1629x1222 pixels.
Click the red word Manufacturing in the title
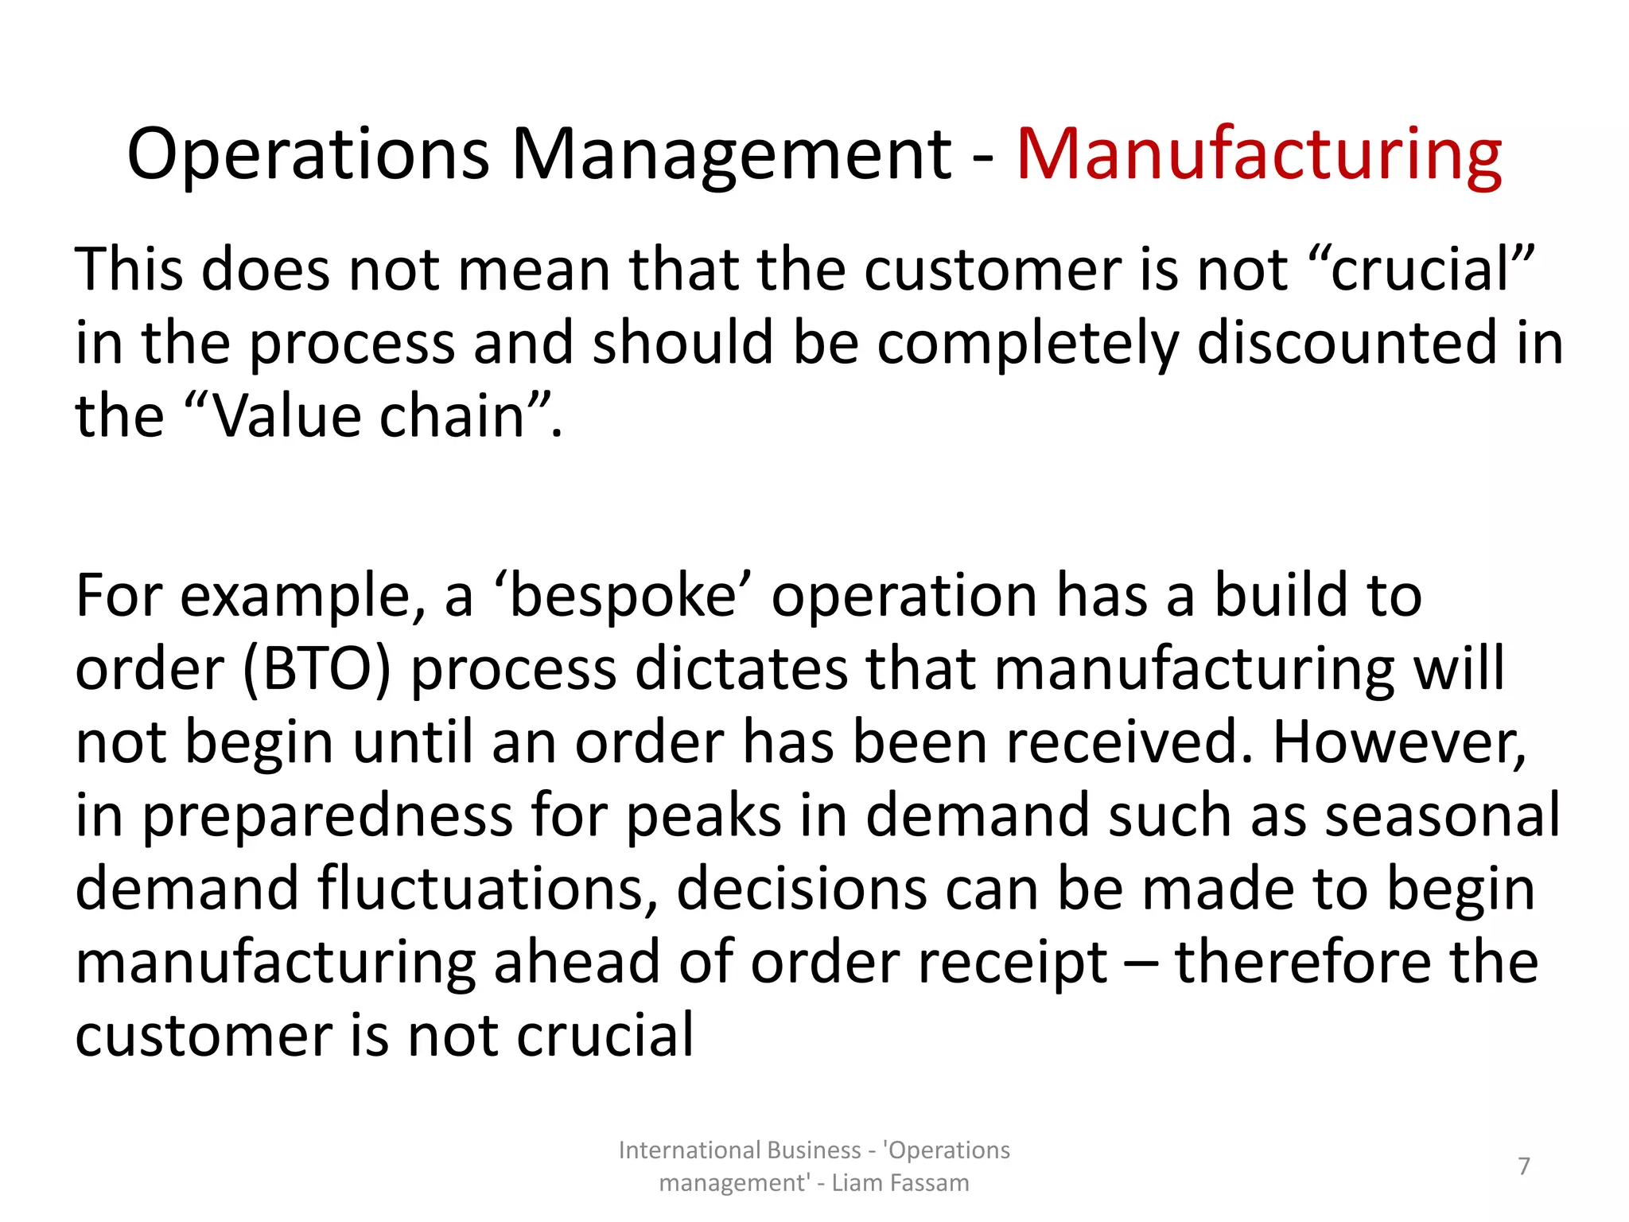(x=1259, y=154)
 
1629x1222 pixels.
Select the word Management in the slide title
(x=731, y=154)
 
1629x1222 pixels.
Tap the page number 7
(x=1524, y=1166)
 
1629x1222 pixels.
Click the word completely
(x=1027, y=343)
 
